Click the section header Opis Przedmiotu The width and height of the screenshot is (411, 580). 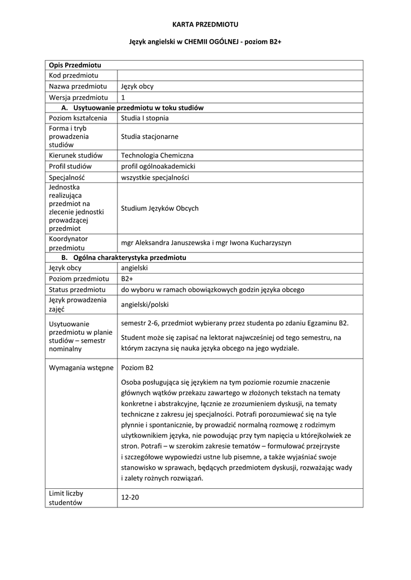point(75,65)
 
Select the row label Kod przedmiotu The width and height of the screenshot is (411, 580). point(74,75)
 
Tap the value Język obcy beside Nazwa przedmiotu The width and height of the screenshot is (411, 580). point(137,86)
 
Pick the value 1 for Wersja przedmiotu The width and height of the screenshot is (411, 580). point(124,97)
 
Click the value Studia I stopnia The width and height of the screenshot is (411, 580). point(145,118)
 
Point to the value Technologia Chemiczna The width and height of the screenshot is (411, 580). point(157,155)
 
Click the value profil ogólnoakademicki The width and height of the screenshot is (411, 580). point(158,166)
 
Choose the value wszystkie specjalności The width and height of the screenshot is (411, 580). point(155,177)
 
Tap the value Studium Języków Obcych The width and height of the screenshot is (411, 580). point(160,208)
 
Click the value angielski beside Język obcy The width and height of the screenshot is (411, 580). point(134,268)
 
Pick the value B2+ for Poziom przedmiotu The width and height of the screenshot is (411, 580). point(127,279)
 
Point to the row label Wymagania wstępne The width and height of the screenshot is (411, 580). point(81,368)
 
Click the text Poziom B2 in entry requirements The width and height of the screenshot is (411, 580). point(137,368)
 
